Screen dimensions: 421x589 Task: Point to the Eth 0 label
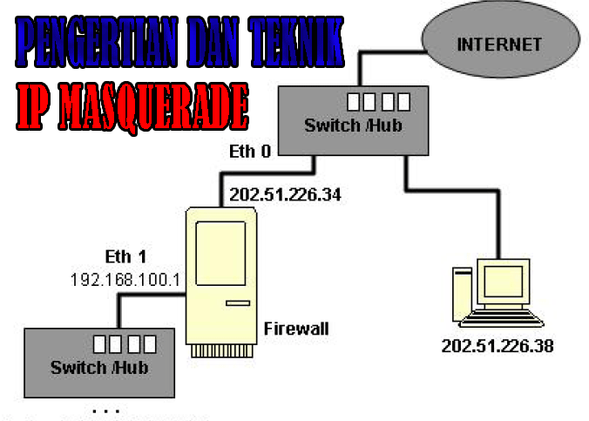click(x=249, y=153)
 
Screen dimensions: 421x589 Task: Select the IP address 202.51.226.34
click(x=283, y=194)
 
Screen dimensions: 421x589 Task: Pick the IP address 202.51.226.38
click(x=497, y=346)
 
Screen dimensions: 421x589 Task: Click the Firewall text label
click(x=296, y=329)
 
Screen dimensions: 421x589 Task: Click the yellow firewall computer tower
click(x=221, y=279)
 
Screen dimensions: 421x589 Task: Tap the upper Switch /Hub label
click(x=353, y=126)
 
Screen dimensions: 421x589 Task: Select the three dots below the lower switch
click(x=106, y=408)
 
